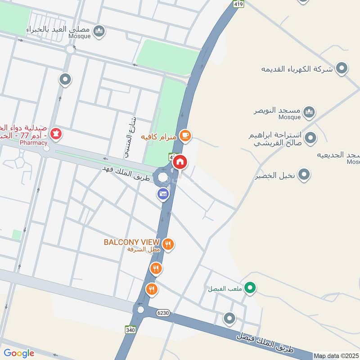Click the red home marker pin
[180, 162]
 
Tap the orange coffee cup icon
[184, 135]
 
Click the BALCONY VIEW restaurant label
[132, 242]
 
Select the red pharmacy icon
[56, 134]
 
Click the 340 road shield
[131, 330]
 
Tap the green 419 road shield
[239, 4]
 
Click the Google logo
[19, 353]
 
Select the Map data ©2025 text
[336, 355]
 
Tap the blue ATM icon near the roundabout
[163, 194]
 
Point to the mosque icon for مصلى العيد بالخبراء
[99, 31]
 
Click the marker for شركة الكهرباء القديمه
[342, 69]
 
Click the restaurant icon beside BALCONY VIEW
[168, 244]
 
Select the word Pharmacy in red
[33, 143]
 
